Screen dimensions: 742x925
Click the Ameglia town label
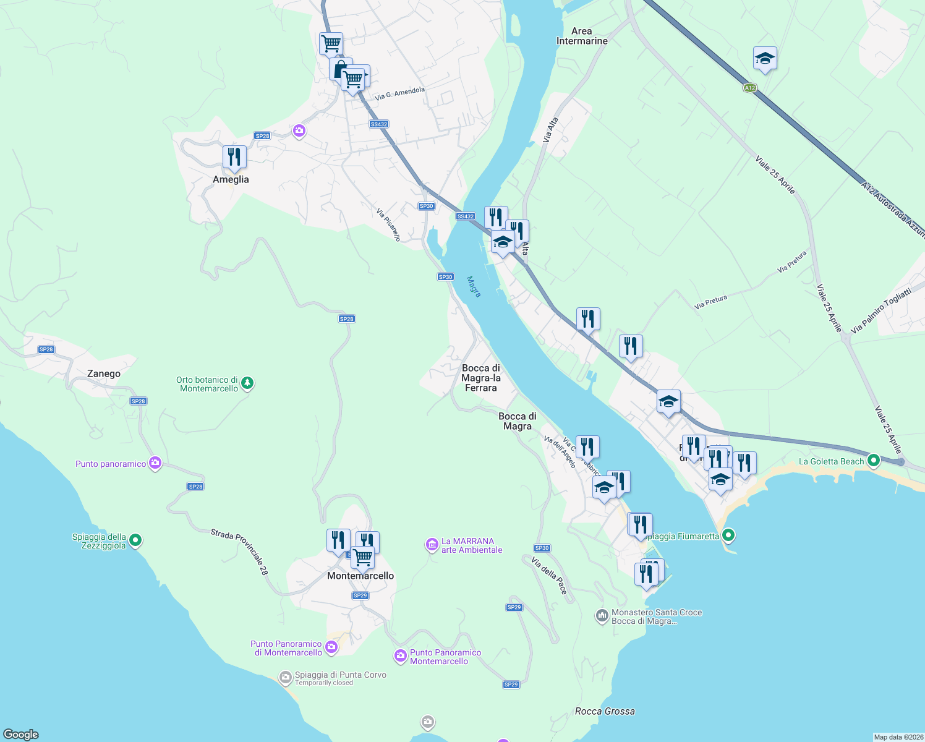tap(231, 179)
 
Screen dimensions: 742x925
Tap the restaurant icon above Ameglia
tap(234, 157)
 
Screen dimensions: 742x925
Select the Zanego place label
tap(104, 373)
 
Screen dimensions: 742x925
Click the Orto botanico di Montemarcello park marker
tap(247, 384)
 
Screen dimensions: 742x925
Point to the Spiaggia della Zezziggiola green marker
tap(135, 541)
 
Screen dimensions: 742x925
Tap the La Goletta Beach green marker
tap(873, 461)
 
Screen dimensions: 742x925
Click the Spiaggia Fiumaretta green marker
tap(728, 535)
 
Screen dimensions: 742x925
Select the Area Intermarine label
tap(581, 36)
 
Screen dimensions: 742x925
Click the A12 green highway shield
tap(749, 88)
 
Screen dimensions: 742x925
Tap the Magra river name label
tap(474, 287)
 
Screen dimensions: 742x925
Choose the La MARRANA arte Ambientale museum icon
tap(432, 545)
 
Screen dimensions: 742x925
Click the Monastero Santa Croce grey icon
tap(602, 616)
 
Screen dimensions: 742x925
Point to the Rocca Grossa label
tap(605, 711)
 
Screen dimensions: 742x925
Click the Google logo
tap(21, 735)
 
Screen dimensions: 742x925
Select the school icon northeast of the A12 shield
tap(765, 59)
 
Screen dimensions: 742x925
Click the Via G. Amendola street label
tap(400, 93)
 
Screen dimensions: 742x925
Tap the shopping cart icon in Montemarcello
tap(362, 557)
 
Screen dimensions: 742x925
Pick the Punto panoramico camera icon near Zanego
tap(155, 463)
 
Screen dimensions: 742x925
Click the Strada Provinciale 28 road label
tap(239, 552)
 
